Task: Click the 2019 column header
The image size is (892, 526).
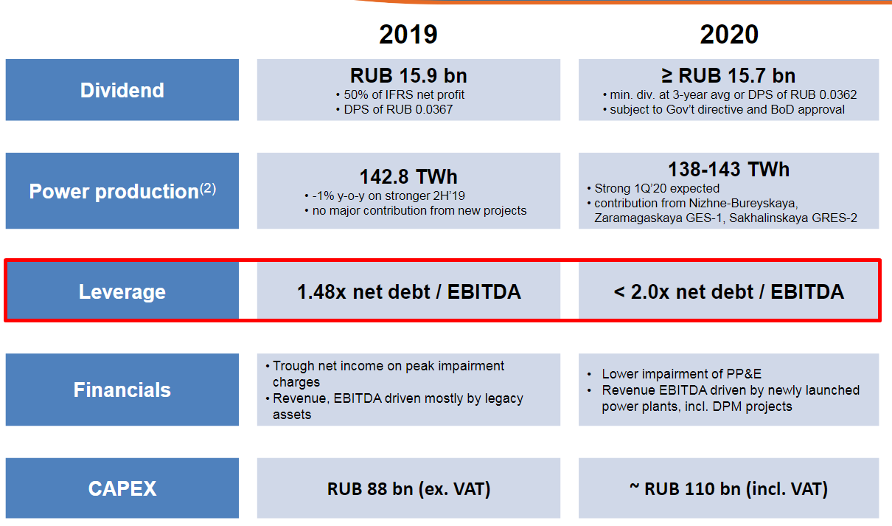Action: coord(408,34)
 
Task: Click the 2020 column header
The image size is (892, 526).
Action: coord(729,34)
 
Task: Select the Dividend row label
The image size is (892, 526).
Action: coord(122,90)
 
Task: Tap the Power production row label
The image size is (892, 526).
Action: coord(122,190)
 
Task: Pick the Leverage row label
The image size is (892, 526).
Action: coord(122,291)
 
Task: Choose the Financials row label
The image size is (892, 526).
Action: coord(122,390)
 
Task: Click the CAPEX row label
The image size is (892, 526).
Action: coord(122,488)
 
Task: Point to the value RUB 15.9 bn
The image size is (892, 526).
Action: coord(408,75)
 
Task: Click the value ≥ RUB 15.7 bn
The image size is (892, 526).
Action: coord(729,75)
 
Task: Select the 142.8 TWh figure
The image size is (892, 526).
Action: coord(408,176)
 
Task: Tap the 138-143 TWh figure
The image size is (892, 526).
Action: coord(729,169)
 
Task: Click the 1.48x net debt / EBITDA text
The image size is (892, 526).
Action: coord(409,291)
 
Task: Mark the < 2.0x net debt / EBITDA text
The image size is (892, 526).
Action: coord(729,291)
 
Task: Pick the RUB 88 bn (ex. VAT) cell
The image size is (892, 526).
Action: coord(408,489)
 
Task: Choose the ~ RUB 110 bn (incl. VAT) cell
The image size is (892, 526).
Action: coord(729,489)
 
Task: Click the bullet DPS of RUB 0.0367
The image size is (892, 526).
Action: coord(394,109)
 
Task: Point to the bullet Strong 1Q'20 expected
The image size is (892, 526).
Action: coord(653,188)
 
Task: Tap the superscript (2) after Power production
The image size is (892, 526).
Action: coord(208,187)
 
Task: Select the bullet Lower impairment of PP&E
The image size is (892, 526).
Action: coord(675,374)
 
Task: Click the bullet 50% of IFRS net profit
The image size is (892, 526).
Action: coord(400,94)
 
